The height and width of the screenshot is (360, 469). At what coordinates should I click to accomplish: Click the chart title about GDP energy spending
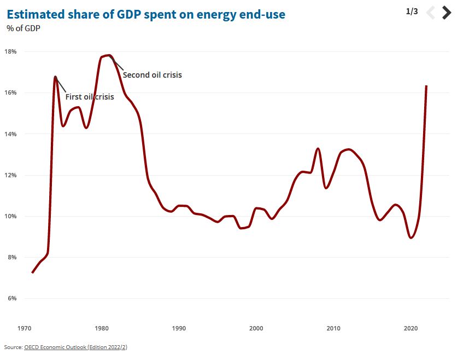click(146, 14)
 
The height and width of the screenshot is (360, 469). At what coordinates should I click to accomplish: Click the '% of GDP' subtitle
click(25, 28)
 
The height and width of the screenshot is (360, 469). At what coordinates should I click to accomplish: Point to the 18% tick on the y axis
click(11, 51)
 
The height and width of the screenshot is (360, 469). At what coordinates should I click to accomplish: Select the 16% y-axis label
click(11, 92)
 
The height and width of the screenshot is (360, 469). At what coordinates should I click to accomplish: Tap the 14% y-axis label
click(11, 134)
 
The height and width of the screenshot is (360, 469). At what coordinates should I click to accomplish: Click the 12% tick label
click(11, 175)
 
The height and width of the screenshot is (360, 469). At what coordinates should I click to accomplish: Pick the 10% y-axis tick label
click(11, 216)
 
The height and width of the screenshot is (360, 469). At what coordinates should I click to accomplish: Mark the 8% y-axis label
click(11, 257)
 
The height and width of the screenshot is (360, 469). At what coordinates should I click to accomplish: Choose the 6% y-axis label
click(11, 299)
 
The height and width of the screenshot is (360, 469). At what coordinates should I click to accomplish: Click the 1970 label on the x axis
click(24, 328)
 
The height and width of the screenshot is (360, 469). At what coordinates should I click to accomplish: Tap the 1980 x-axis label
click(101, 328)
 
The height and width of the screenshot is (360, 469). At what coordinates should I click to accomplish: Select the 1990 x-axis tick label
click(179, 328)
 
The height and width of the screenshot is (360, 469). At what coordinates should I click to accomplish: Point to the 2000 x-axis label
click(256, 328)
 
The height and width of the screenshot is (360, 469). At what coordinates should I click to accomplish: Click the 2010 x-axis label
click(333, 328)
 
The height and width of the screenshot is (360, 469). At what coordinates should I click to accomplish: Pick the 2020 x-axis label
click(411, 328)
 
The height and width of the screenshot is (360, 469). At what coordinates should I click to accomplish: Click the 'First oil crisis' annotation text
click(90, 97)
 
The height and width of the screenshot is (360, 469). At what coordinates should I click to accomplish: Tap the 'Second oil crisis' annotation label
click(152, 75)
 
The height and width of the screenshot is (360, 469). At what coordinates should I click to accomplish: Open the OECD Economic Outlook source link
click(75, 347)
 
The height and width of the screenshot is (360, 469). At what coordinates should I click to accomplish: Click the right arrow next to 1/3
click(447, 12)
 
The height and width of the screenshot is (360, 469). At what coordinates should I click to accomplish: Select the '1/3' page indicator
click(412, 11)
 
